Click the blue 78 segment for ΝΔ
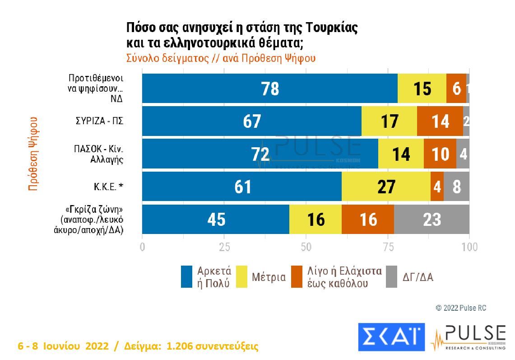(x=269, y=89)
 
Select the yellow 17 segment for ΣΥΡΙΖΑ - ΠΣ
(x=389, y=121)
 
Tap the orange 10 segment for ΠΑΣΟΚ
(x=440, y=154)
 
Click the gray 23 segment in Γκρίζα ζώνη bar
(x=432, y=220)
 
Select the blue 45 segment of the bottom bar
(x=216, y=220)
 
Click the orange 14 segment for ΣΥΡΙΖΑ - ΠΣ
(x=440, y=121)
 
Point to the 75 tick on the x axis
(x=388, y=247)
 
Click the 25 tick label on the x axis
(x=224, y=247)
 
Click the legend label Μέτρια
(x=269, y=277)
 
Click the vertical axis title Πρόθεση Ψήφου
(x=32, y=154)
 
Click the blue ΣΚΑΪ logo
(x=391, y=337)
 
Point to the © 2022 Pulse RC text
(x=461, y=308)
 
